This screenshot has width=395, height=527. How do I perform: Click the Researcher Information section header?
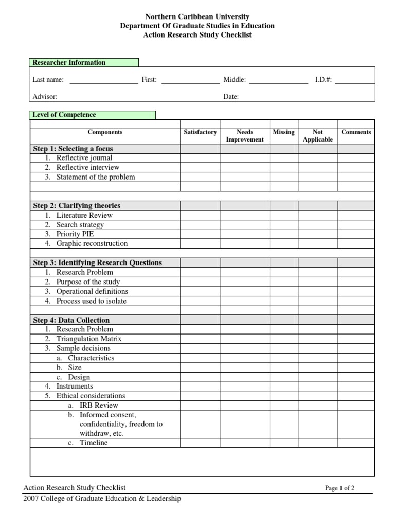click(69, 63)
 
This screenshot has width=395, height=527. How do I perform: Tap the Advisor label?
click(45, 97)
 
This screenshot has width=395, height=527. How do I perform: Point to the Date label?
click(231, 97)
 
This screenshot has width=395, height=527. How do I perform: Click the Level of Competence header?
click(64, 115)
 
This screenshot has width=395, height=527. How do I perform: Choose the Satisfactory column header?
click(200, 132)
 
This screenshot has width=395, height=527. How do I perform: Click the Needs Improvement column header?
click(244, 136)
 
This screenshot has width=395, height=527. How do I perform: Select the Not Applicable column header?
click(318, 136)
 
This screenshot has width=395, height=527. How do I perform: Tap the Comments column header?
click(356, 132)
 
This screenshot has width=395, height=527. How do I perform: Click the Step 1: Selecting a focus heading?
click(73, 149)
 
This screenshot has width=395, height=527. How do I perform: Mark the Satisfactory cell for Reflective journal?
click(200, 158)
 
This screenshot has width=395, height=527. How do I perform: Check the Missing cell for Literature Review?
click(284, 215)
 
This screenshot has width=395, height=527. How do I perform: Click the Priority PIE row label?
click(75, 234)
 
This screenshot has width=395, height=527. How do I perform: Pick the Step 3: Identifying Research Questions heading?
click(98, 262)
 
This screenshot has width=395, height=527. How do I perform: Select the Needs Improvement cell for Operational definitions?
click(245, 291)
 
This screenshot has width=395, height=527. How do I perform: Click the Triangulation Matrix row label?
click(89, 339)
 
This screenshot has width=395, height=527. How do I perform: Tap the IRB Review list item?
click(99, 406)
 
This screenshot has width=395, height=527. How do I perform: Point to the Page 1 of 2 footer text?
click(339, 488)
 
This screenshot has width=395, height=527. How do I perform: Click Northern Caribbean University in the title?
click(197, 17)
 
